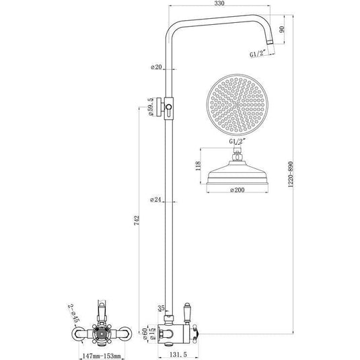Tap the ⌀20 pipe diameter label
pos(157,67)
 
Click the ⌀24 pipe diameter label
pos(157,199)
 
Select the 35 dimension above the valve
pos(161,308)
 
